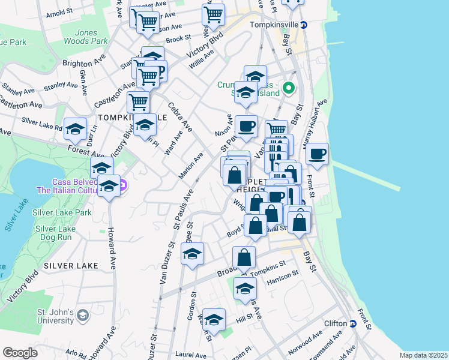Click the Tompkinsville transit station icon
pyautogui.click(x=304, y=25)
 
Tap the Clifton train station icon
pyautogui.click(x=353, y=323)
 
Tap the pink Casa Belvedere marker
pyautogui.click(x=122, y=186)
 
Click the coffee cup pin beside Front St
pyautogui.click(x=317, y=153)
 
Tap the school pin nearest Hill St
pyautogui.click(x=214, y=319)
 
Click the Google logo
pyautogui.click(x=20, y=353)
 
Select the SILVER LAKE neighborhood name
pyautogui.click(x=67, y=265)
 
